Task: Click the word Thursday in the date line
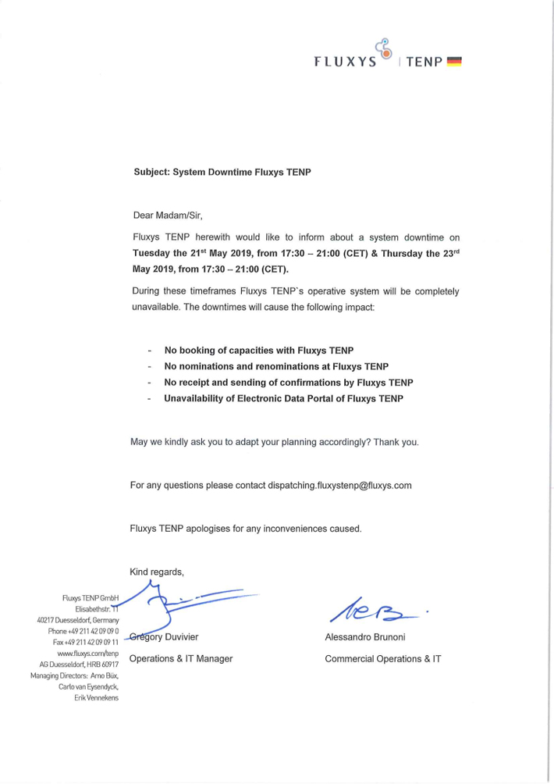coord(385,253)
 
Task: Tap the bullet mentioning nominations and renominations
coord(276,365)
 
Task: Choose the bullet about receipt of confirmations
coord(288,382)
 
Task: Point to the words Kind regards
coord(157,572)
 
